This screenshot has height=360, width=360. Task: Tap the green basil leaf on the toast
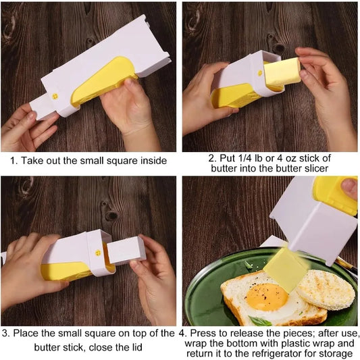tap(259, 320)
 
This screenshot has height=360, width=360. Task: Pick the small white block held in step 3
tap(126, 250)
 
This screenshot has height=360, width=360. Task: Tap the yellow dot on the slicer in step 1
tap(56, 95)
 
